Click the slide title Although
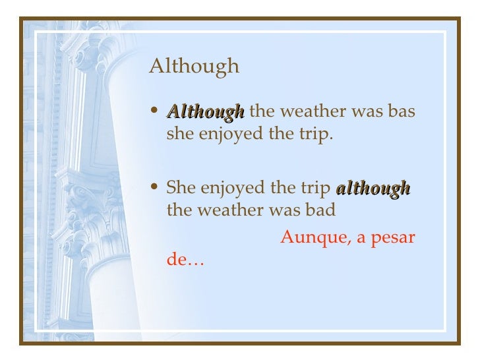click(x=194, y=67)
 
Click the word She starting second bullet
click(x=181, y=188)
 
